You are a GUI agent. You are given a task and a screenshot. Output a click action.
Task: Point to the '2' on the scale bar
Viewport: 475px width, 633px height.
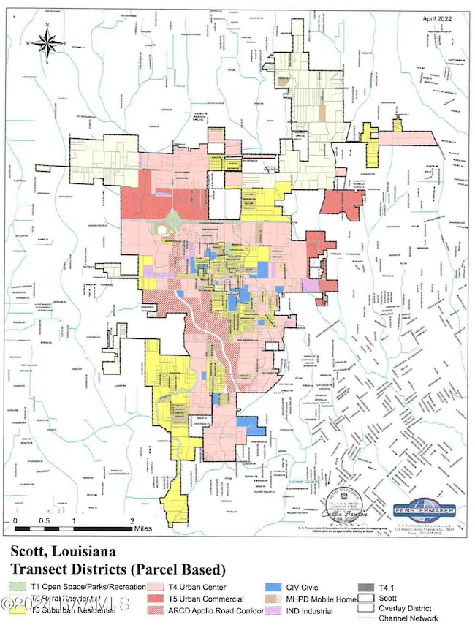132,520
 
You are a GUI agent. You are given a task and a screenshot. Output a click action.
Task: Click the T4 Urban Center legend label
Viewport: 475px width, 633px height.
198,587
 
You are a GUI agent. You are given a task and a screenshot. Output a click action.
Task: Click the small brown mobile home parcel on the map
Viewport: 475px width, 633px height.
322,113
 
